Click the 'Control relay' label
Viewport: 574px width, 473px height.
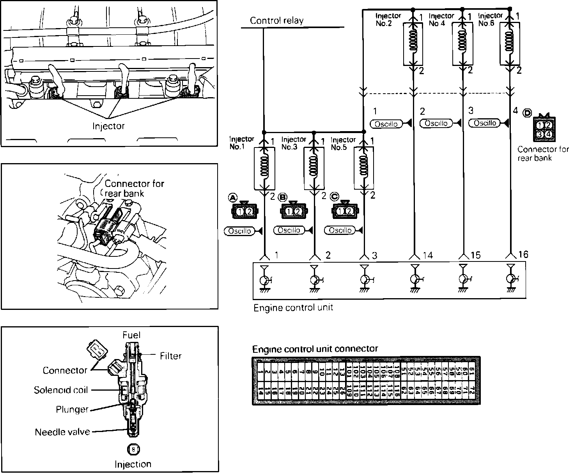276,21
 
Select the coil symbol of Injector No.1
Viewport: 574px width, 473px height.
264,167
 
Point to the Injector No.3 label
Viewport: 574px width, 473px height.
294,143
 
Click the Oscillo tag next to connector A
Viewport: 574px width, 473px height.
238,231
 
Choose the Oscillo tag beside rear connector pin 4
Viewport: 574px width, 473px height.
485,123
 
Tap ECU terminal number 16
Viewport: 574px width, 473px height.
523,255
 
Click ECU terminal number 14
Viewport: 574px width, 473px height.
427,255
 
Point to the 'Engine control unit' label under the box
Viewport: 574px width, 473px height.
293,308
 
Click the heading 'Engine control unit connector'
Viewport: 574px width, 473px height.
315,349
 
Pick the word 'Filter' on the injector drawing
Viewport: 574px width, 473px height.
171,356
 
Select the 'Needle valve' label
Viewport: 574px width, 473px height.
62,432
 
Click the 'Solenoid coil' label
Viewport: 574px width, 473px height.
61,390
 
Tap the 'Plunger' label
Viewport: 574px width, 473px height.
73,410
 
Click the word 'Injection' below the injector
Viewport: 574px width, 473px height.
133,464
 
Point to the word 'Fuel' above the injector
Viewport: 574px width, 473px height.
131,335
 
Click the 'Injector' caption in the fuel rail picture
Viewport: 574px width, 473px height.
108,126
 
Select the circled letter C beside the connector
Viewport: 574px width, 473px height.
334,197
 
